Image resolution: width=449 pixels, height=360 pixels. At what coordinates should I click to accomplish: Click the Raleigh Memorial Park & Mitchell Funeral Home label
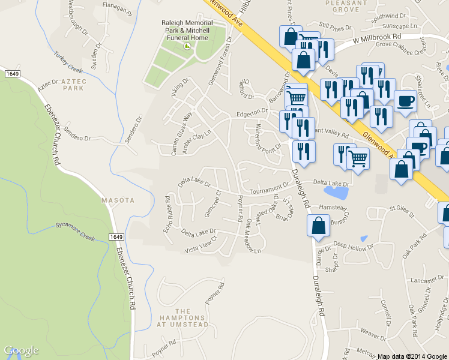pyautogui.click(x=185, y=31)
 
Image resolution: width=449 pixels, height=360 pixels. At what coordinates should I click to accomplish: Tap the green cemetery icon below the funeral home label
pyautogui.click(x=187, y=45)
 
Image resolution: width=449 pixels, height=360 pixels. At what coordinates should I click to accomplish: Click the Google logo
pyautogui.click(x=21, y=350)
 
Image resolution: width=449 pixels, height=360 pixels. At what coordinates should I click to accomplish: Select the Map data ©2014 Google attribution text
pyautogui.click(x=412, y=356)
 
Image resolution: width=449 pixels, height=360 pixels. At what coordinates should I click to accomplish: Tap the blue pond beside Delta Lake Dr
pyautogui.click(x=336, y=192)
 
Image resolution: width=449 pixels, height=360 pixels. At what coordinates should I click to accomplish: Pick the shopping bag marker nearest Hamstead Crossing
pyautogui.click(x=318, y=227)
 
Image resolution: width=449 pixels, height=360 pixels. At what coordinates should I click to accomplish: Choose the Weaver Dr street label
pyautogui.click(x=373, y=331)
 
